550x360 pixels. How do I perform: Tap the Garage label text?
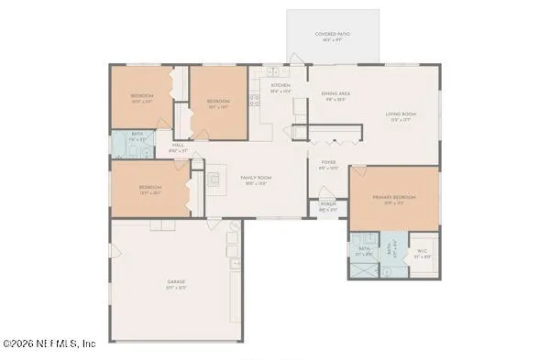[176, 283]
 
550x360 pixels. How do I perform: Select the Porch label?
[327, 208]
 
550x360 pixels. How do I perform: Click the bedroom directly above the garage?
[149, 189]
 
